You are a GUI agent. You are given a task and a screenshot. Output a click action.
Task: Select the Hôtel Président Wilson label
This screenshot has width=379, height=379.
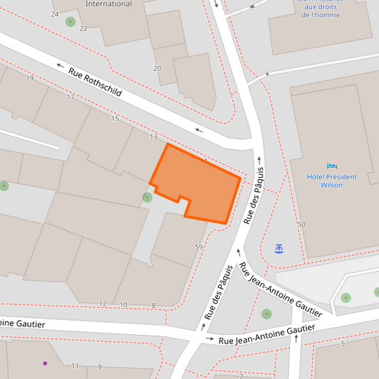point(324,181)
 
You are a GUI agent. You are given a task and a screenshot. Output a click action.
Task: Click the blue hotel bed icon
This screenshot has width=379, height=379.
point(331,166)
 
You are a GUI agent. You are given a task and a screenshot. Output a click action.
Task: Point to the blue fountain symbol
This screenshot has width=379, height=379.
point(279,247)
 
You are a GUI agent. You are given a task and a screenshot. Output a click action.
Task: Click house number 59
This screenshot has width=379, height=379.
point(198,247)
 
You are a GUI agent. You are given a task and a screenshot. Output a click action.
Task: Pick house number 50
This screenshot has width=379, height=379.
point(301,225)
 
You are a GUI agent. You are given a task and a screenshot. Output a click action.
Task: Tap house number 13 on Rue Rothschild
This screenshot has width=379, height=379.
point(154,137)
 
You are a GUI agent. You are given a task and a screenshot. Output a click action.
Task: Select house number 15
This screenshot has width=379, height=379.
point(115,118)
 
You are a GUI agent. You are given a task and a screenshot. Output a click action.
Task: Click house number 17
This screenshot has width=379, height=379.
point(70,97)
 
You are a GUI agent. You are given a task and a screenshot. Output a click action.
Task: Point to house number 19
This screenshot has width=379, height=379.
point(30,78)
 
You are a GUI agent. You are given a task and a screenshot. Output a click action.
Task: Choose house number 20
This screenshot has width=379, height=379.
point(157,68)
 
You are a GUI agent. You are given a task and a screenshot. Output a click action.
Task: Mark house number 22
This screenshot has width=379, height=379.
point(83,28)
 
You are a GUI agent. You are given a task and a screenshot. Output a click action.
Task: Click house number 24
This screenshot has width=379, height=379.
point(55,14)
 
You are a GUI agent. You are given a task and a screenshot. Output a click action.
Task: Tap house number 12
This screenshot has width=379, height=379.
point(102,304)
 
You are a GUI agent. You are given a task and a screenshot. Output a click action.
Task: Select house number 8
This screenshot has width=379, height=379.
point(153,306)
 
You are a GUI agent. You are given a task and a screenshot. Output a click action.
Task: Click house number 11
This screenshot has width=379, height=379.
point(75,366)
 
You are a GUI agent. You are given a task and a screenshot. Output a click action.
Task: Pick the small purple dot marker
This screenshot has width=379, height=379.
point(45,363)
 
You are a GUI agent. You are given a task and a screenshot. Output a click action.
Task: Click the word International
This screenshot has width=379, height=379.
point(108,4)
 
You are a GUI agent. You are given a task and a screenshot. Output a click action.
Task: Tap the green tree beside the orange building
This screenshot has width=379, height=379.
point(146,197)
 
